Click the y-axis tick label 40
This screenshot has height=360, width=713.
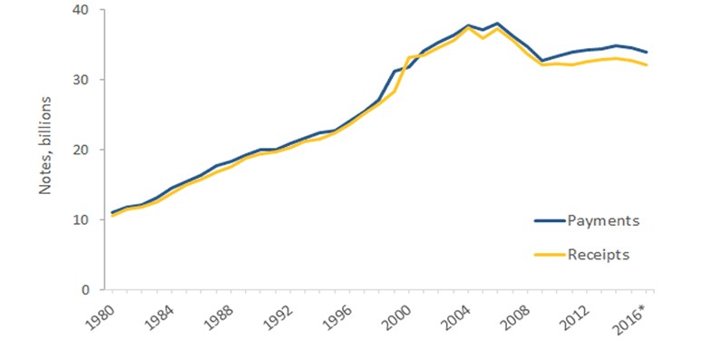coord(86,10)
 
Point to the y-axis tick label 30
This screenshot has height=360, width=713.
coord(86,80)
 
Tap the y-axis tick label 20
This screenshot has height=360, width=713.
coord(86,150)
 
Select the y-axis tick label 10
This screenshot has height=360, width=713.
coord(86,219)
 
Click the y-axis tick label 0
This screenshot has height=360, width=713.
coord(90,290)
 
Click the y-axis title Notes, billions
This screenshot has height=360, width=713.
coord(45,150)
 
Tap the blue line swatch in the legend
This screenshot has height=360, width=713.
coord(547,220)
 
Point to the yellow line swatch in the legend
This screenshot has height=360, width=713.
coord(547,255)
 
